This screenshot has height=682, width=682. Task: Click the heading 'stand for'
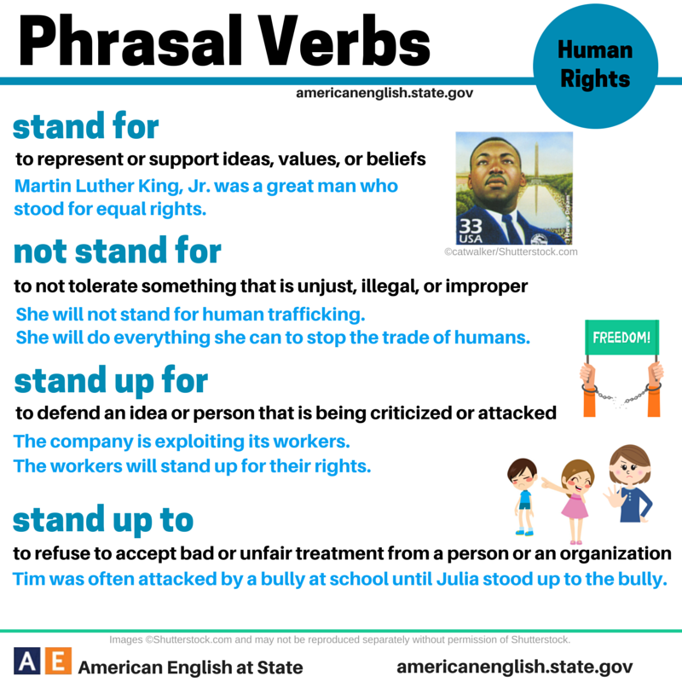tap(85, 127)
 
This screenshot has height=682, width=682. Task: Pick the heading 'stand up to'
tap(103, 518)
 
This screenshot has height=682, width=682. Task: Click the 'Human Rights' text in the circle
tap(595, 65)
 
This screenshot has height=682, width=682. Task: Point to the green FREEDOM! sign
tap(621, 337)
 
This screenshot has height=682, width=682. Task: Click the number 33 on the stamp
tap(470, 227)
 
